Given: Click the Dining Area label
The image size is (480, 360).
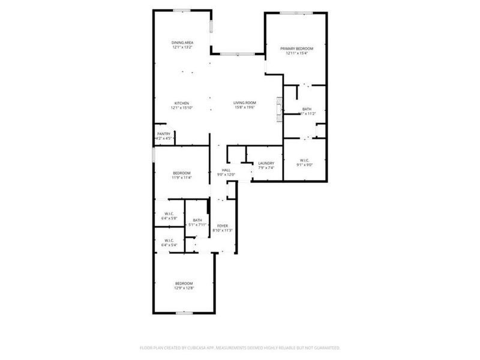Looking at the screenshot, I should coord(182,43).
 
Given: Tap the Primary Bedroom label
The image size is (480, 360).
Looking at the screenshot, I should coord(296,48).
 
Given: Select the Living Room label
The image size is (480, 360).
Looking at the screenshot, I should coord(244,103).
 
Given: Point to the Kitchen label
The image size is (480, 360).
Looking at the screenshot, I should coord(182,103).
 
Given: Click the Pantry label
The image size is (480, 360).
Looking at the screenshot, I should coord(164,134).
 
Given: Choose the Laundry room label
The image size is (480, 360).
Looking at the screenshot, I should coord(266,163).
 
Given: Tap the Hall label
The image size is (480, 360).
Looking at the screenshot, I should coord(226,170).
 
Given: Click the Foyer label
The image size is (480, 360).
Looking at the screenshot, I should coord(223,226).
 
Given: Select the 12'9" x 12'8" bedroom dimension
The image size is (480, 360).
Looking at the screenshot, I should coord(184,289).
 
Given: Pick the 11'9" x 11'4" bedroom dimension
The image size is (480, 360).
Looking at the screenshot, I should coord(182,178).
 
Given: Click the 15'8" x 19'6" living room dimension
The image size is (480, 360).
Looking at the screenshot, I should coord(244,108).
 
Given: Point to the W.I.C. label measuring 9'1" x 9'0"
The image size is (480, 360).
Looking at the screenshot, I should coord(304,160).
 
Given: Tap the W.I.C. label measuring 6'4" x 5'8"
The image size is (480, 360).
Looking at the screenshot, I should coord(169,214).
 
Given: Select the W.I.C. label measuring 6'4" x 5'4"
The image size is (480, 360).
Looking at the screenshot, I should coord(169,241).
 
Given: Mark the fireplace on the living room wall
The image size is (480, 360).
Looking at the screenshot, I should coord(278,109).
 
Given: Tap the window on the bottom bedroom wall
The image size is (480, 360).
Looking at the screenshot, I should coord(184,313).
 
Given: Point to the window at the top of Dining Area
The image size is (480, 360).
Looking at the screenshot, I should coord(182,10).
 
